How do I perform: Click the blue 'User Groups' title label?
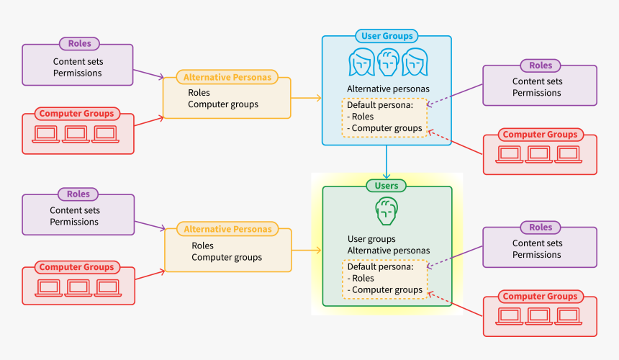pyautogui.click(x=387, y=35)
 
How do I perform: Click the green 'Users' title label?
pyautogui.click(x=387, y=186)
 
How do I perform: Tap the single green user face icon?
pyautogui.click(x=387, y=212)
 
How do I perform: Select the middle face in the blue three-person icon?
pyautogui.click(x=388, y=62)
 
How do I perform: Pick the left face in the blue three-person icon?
pyautogui.click(x=361, y=62)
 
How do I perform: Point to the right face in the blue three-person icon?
pyautogui.click(x=415, y=62)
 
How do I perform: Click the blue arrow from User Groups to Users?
pyautogui.click(x=387, y=162)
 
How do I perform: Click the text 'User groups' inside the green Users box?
pyautogui.click(x=371, y=239)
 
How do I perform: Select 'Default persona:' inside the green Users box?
pyautogui.click(x=380, y=266)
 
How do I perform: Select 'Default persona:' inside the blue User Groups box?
pyautogui.click(x=380, y=104)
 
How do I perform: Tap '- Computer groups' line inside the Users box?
pyautogui.click(x=384, y=290)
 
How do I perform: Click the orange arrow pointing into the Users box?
pyautogui.click(x=307, y=251)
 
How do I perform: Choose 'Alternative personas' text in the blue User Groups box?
pyautogui.click(x=388, y=89)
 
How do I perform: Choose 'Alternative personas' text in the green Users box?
pyautogui.click(x=388, y=251)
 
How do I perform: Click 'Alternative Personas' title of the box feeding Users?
pyautogui.click(x=228, y=229)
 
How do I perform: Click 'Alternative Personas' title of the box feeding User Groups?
pyautogui.click(x=227, y=77)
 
